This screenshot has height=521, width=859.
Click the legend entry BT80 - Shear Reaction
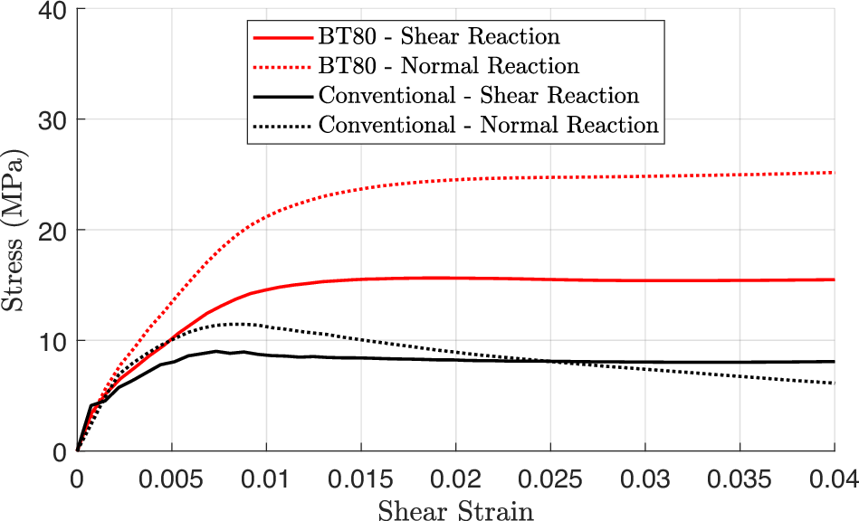click(439, 37)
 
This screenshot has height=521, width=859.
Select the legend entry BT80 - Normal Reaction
click(448, 66)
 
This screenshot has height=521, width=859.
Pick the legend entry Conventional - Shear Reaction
click(478, 96)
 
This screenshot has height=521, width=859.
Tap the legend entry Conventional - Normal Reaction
click(488, 125)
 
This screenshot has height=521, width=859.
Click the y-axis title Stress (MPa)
click(15, 230)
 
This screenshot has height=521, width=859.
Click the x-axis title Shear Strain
click(455, 510)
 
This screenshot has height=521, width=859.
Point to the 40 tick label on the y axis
click(56, 10)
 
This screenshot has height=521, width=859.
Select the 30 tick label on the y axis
click(56, 120)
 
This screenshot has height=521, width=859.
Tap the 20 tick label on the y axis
click(56, 231)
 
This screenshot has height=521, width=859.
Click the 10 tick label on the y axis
click(56, 341)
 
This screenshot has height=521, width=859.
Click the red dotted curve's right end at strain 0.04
click(833, 172)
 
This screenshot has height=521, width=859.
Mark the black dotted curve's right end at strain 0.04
click(833, 383)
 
